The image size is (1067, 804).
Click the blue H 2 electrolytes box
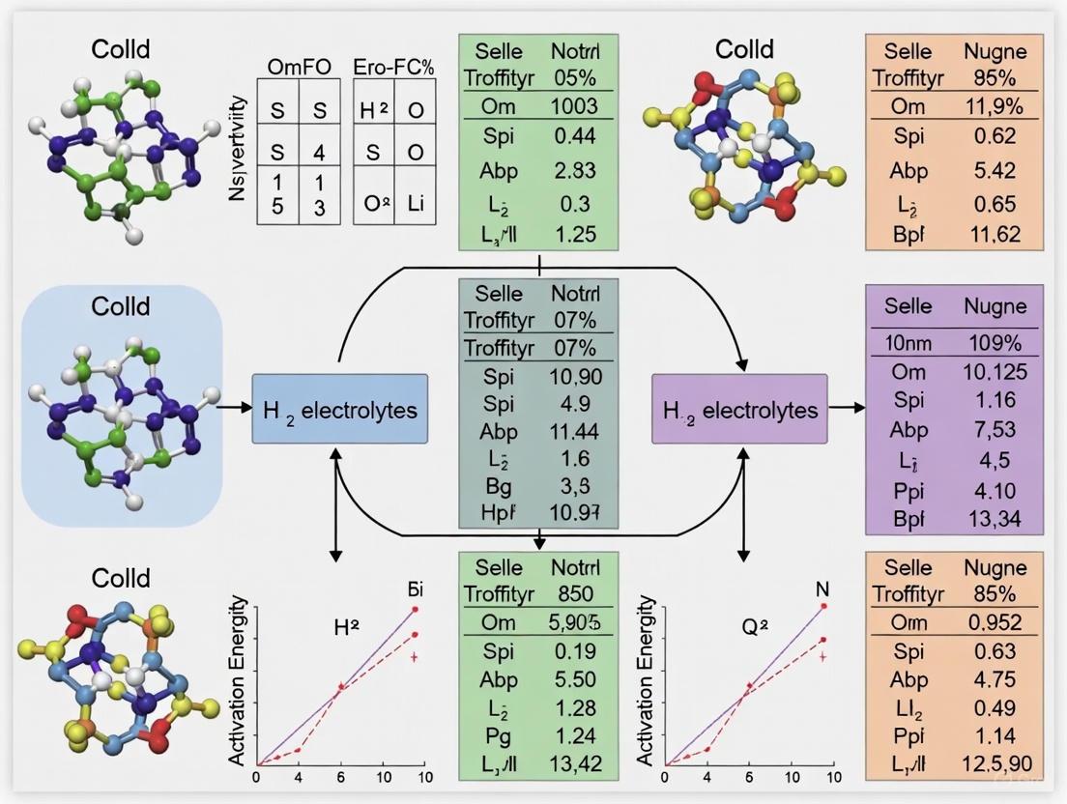coord(340,409)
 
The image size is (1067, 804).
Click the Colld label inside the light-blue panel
coord(121,306)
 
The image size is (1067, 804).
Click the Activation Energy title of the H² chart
coord(238,682)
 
